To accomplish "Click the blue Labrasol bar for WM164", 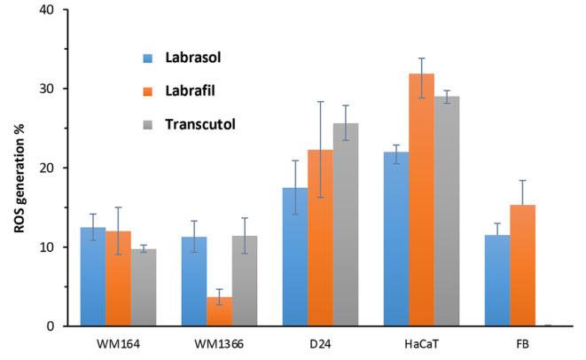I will tap(93, 277).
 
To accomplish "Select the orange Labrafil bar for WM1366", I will tap(220, 311).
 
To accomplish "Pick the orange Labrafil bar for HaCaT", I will tap(422, 200).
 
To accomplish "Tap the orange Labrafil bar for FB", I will tap(523, 265).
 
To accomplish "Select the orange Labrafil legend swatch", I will tap(148, 90).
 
